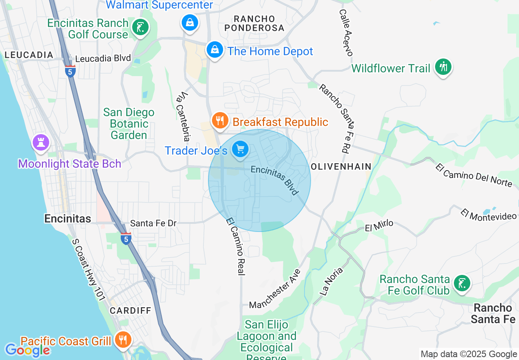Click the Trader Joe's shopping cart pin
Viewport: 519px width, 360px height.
point(240,149)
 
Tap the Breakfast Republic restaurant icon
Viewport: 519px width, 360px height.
point(220,121)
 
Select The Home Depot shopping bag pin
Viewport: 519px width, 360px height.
point(214,50)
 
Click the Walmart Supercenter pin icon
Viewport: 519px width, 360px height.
point(190,22)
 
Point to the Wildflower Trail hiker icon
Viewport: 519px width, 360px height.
point(443,67)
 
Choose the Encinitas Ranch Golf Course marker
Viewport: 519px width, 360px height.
point(140,27)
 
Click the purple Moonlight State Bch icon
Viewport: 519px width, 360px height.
point(41,143)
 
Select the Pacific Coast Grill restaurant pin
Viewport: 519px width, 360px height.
point(122,339)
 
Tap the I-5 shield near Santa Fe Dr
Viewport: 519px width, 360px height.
point(126,238)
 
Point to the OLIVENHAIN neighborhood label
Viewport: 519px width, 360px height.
point(341,166)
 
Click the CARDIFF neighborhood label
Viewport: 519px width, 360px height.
point(131,310)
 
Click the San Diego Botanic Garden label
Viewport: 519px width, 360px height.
point(129,124)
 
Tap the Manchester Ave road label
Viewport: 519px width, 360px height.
point(275,289)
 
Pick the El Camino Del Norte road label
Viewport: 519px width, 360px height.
point(474,175)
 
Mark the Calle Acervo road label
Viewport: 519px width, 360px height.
point(346,33)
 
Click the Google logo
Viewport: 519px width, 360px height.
point(27,350)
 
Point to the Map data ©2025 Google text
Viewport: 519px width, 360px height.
point(469,354)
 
